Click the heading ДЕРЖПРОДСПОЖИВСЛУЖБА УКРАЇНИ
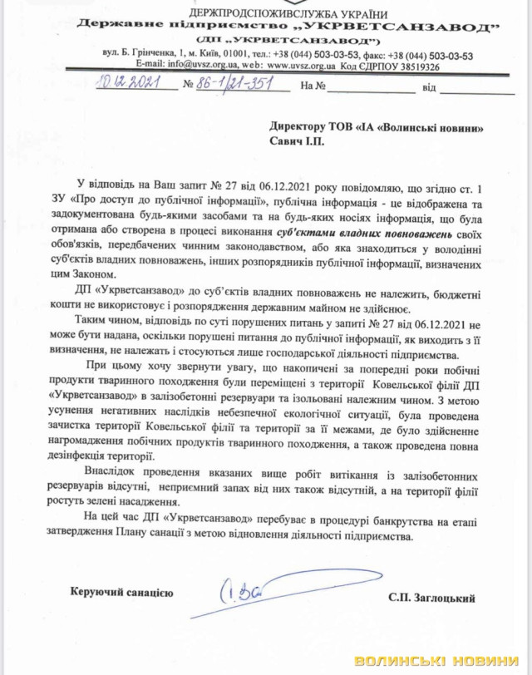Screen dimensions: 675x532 (288, 14)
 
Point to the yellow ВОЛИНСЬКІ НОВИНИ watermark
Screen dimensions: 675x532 (441, 661)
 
